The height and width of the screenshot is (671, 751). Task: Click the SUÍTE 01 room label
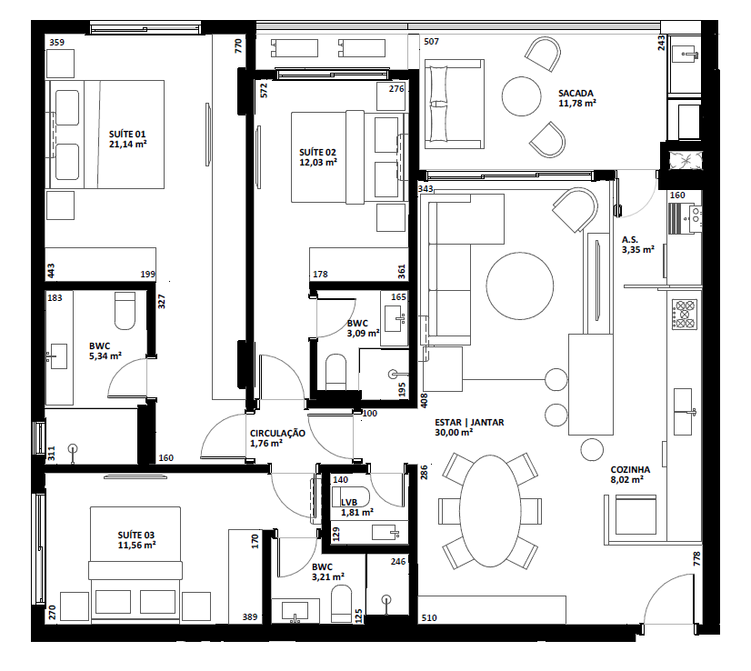[x=127, y=133]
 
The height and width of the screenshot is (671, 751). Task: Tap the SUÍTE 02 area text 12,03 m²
[x=317, y=163]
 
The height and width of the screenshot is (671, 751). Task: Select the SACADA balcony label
[x=576, y=93]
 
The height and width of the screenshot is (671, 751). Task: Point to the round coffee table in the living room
[x=519, y=285]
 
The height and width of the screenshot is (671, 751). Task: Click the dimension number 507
[x=431, y=42]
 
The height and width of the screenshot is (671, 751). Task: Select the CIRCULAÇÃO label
[x=277, y=433]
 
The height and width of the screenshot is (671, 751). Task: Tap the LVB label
[x=348, y=502]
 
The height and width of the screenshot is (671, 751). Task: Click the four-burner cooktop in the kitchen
[x=683, y=315]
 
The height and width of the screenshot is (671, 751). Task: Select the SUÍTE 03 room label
[x=136, y=534]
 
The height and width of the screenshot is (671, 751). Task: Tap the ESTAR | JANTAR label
[x=469, y=422]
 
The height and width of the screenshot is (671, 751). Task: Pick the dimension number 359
[x=56, y=42]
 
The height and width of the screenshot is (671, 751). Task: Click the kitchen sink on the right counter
[x=682, y=408]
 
